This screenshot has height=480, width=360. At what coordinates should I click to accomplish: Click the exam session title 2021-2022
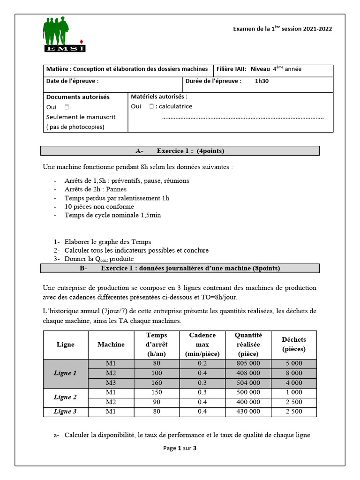point(282,29)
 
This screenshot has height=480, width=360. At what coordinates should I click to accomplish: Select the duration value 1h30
point(262,81)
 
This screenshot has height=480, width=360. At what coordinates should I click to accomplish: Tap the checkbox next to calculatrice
point(151,106)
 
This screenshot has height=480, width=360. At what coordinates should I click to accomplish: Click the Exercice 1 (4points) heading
point(180,151)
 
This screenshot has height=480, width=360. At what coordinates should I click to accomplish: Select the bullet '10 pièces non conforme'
point(99,206)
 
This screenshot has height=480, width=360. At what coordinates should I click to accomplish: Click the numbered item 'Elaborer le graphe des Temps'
point(108,242)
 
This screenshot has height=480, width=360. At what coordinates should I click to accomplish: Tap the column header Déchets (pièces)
point(294,345)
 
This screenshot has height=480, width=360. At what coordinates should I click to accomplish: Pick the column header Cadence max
point(202,345)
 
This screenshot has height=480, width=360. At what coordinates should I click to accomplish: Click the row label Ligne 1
point(65,373)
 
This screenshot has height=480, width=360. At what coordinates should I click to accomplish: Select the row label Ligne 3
point(65,412)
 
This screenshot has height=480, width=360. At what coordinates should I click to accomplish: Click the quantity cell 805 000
point(248,363)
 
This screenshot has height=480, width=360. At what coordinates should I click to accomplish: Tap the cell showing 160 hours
point(157,382)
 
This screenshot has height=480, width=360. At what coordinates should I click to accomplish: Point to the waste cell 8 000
point(294,373)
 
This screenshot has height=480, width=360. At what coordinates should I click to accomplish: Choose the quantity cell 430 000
point(248,412)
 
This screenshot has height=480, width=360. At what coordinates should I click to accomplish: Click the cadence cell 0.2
point(202,363)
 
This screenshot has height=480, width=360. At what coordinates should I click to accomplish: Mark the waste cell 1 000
point(294,392)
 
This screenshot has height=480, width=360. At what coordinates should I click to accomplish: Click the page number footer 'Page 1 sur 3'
point(180,448)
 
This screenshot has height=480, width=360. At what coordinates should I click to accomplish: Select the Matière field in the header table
point(127,69)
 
